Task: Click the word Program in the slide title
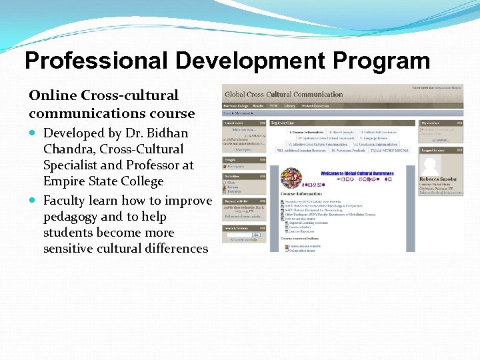[381, 61]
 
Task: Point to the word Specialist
[73, 165]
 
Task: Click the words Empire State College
[103, 181]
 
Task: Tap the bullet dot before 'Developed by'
[33, 133]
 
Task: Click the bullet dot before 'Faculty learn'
[33, 201]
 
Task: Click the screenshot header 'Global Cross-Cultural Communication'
[284, 95]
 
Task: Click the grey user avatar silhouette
[431, 165]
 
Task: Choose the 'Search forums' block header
[236, 229]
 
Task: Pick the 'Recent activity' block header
[237, 200]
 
